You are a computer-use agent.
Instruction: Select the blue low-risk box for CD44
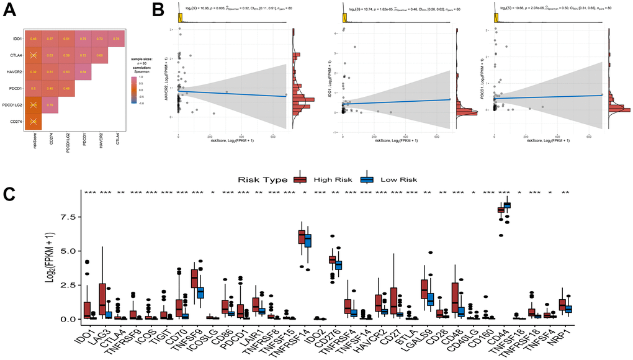click(x=509, y=205)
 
